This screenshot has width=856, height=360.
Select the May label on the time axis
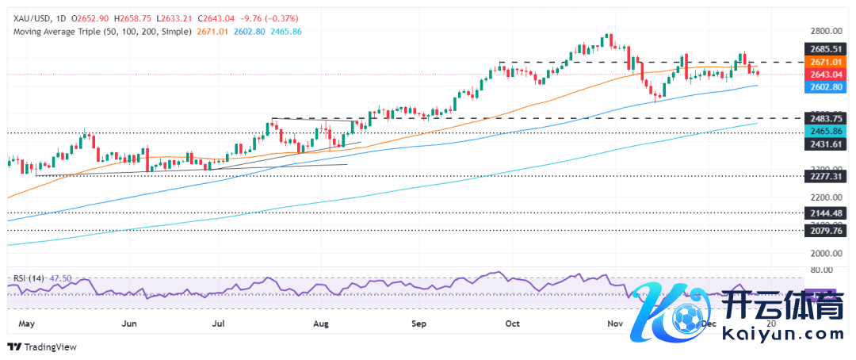tap(25, 324)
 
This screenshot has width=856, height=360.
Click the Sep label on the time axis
tap(419, 324)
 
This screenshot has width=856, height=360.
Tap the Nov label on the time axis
tap(615, 324)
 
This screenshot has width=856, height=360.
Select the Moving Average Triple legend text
tap(102, 32)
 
